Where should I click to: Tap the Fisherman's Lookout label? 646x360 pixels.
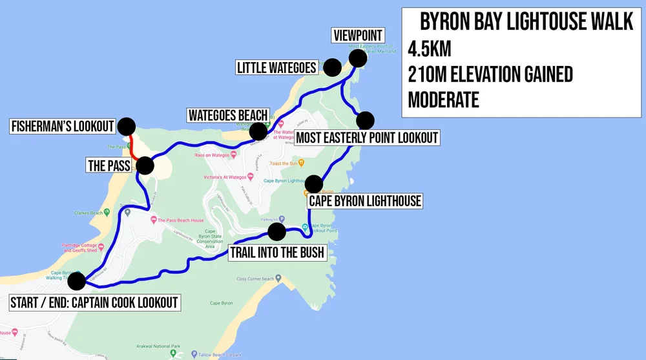(63, 126)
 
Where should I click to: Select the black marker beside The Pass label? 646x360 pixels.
(145, 165)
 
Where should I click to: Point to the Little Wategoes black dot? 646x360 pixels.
(332, 67)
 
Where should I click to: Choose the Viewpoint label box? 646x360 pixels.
(357, 35)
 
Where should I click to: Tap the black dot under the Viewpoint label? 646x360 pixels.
(358, 58)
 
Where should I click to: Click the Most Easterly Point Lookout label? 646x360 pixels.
(367, 137)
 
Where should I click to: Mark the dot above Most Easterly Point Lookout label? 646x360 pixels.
(366, 120)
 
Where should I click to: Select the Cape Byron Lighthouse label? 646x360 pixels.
(365, 201)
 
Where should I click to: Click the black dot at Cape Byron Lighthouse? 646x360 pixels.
(314, 184)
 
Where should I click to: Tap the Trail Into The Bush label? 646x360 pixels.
(276, 252)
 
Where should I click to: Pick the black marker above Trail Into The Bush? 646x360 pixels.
(276, 231)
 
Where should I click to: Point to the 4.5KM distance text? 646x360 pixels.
(430, 49)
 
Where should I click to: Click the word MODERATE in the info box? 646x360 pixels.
(444, 100)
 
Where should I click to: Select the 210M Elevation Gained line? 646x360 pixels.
(490, 74)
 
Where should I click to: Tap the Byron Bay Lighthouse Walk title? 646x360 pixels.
(526, 23)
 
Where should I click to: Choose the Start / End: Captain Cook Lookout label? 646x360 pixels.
(94, 302)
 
